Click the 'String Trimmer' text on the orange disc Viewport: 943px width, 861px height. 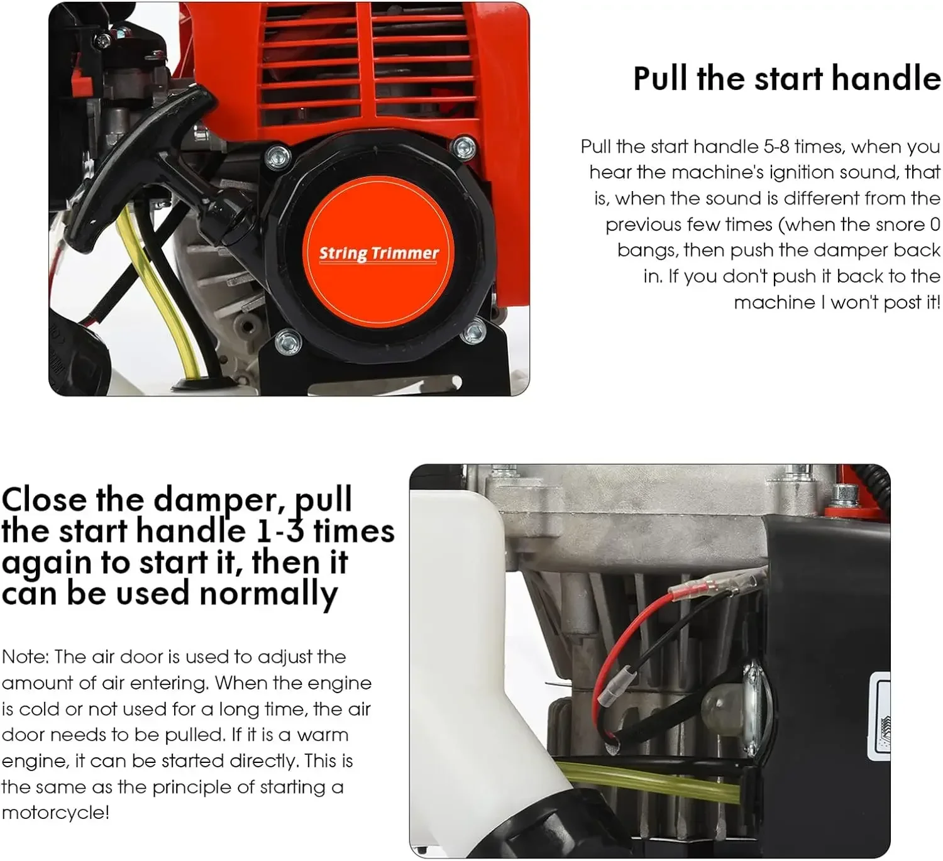pyautogui.click(x=378, y=253)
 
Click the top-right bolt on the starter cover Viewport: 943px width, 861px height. pyautogui.click(x=465, y=148)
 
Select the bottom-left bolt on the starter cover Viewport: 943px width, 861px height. pyautogui.click(x=289, y=342)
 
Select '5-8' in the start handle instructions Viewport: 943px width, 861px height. pyautogui.click(x=776, y=146)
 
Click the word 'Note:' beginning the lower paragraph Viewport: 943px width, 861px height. pyautogui.click(x=25, y=657)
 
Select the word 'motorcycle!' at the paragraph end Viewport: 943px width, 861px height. pyautogui.click(x=55, y=813)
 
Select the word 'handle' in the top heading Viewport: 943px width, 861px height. pyautogui.click(x=886, y=79)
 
